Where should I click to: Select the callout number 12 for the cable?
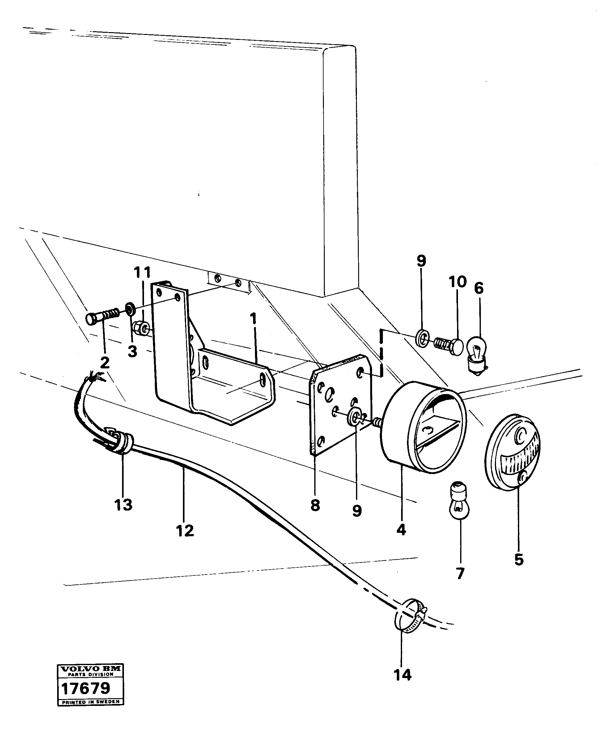click(185, 531)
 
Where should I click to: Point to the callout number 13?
click(123, 505)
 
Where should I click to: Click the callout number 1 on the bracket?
click(253, 318)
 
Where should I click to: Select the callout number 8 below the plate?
click(315, 505)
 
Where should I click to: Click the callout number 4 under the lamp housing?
click(401, 530)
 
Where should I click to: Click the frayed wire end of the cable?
click(93, 376)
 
